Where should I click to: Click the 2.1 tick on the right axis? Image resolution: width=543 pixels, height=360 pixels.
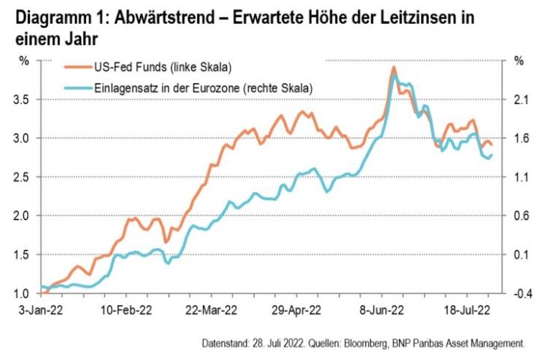point(519,99)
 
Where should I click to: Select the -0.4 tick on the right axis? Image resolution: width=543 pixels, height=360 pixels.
point(520,293)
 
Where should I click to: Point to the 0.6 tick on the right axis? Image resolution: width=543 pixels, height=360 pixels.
point(519,216)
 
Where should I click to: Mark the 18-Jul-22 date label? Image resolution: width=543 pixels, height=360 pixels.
point(466,308)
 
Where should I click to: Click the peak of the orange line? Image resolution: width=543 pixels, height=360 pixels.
point(394,67)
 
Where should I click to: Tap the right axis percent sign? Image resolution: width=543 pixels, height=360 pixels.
point(518,60)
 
